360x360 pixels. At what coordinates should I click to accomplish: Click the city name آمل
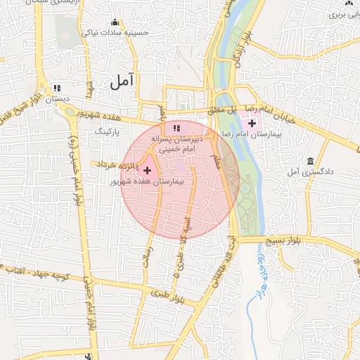[122, 82]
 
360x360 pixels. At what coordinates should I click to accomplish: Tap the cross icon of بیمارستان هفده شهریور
[147, 170]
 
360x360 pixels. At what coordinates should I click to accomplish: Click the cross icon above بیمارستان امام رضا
[252, 123]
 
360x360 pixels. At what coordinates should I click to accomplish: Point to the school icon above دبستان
[57, 89]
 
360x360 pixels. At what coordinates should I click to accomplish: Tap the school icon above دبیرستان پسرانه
[176, 128]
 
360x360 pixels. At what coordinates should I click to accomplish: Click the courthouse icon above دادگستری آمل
[310, 161]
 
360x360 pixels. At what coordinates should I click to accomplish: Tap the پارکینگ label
[108, 131]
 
